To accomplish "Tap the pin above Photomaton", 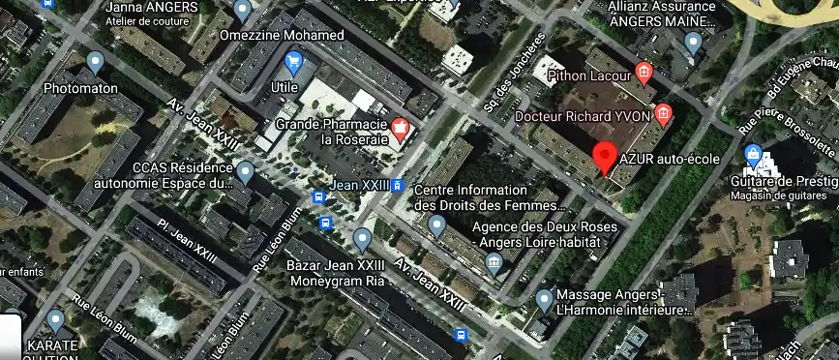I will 95,64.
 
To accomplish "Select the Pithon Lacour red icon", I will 644,73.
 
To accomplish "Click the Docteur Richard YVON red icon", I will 663,115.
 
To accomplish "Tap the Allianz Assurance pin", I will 693,43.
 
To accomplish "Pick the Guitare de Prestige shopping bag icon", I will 754,155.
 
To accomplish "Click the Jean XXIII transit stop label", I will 359,185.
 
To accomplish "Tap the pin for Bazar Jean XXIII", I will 363,238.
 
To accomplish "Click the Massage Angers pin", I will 544,300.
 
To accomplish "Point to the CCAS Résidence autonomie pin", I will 245,173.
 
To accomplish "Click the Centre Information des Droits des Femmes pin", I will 436,227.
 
